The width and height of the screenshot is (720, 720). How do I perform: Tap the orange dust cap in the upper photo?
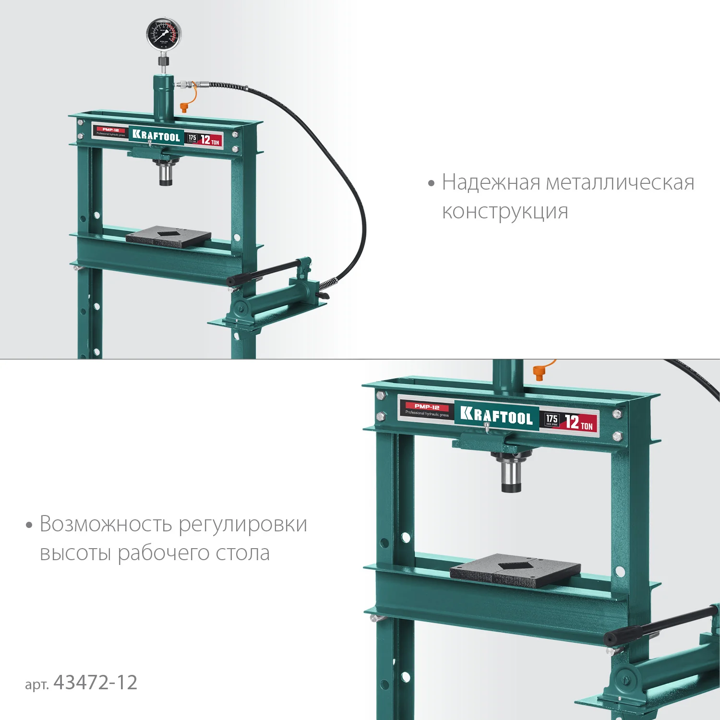pos(184,107)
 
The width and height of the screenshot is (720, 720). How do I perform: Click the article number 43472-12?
pos(96,682)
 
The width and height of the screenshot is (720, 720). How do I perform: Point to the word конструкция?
pos(505,211)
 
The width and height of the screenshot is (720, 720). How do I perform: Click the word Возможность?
pos(105,524)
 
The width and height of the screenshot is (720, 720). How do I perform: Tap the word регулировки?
pos(243,525)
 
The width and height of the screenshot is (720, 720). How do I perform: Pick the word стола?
pos(242,553)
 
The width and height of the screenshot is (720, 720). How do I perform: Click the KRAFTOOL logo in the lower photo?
pos(496,416)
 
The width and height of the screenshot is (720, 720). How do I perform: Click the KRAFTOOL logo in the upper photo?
pos(156,136)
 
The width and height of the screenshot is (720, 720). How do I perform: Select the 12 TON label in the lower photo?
pos(578,423)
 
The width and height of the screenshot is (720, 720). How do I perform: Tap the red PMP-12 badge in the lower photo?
pos(427,407)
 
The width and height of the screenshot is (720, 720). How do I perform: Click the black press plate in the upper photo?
pos(168,236)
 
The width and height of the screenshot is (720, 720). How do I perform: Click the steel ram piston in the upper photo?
pos(166,174)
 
